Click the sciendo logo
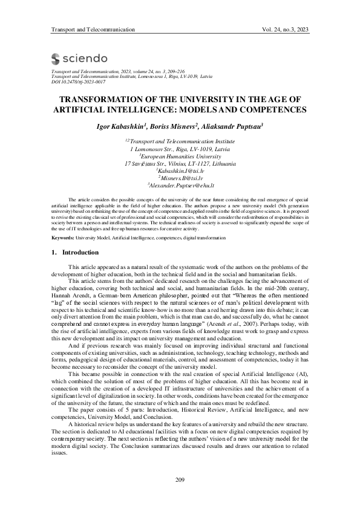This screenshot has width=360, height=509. point(80,58)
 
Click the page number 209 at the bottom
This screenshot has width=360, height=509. point(180,479)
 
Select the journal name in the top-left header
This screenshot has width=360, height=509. point(93,30)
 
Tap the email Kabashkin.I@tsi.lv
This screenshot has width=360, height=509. point(180,171)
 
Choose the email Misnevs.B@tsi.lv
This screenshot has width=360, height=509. point(180,178)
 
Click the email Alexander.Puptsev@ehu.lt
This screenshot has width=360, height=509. point(180,186)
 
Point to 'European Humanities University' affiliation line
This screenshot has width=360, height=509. point(180,156)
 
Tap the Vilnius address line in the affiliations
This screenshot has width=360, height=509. point(180,164)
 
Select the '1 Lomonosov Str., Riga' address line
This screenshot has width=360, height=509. point(180,149)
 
